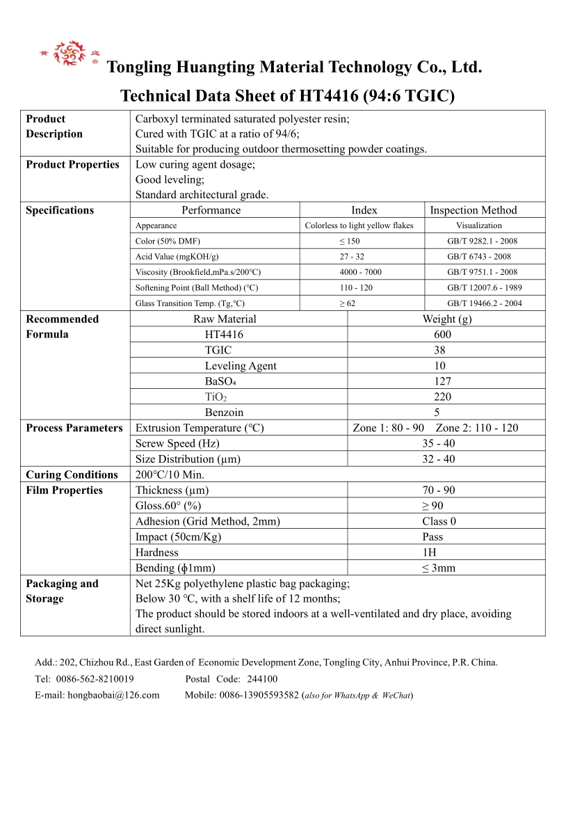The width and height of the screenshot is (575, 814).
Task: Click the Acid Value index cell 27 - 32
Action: point(352,257)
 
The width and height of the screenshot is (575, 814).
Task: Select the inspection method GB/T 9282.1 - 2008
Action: point(482,241)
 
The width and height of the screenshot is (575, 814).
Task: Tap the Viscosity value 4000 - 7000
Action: point(360,272)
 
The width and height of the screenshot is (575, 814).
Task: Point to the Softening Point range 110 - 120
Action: point(356,288)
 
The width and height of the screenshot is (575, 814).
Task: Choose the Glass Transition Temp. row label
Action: point(190,303)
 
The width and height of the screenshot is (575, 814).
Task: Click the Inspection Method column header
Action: point(473,210)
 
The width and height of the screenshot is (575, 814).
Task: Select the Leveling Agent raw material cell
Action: point(241,366)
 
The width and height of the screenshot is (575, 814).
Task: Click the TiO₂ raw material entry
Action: point(216,397)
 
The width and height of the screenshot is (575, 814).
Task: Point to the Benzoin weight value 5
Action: point(437,413)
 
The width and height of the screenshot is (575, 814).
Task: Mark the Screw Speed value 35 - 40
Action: point(439,444)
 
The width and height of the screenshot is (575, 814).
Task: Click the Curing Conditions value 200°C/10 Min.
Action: point(170,475)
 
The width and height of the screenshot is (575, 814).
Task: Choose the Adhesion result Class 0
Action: point(439,522)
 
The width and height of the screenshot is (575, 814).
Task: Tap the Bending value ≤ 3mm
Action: point(439,568)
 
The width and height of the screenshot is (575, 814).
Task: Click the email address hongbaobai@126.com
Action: point(113,695)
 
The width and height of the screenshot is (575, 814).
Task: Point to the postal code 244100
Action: point(262,679)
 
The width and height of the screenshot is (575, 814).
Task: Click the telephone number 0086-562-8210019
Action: point(94,679)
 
